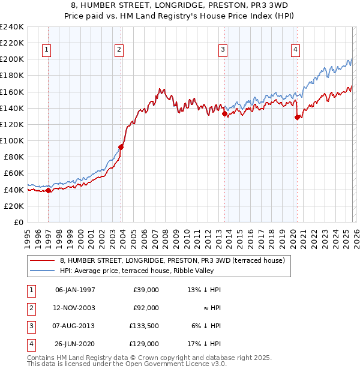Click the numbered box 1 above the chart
point(47,50)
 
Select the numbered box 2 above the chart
point(119,50)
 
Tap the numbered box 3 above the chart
point(223,50)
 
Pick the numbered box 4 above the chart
point(296,50)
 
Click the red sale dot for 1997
point(48,190)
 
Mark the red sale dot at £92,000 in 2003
point(121,146)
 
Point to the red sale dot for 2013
point(224,113)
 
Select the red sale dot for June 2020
point(297,117)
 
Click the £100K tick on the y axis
point(12,140)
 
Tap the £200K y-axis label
point(12,59)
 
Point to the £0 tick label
point(17,222)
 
